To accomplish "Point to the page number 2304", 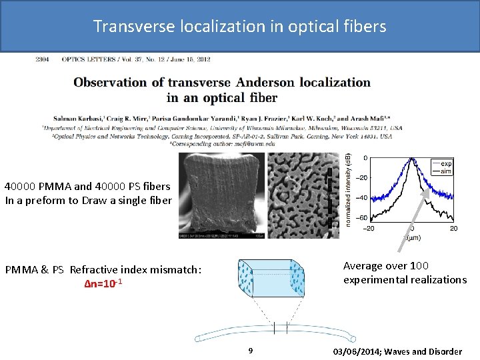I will [x=43, y=59].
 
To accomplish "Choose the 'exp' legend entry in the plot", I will [x=445, y=163].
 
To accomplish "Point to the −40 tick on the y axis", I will [x=361, y=198].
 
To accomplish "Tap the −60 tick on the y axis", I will [x=361, y=218].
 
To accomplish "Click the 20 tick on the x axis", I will [x=453, y=229].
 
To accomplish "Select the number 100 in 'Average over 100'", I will [x=420, y=265].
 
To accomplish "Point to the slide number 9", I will [x=250, y=351].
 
